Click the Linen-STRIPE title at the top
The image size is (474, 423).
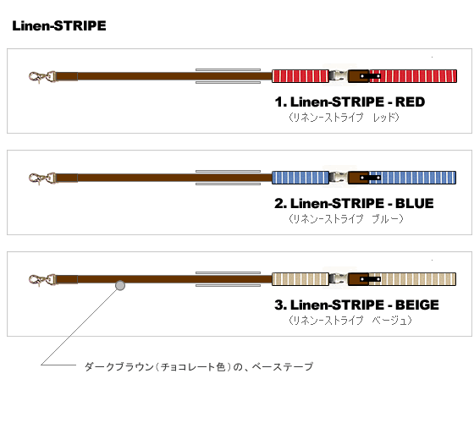(x=59, y=25)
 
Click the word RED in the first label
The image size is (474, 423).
(x=410, y=102)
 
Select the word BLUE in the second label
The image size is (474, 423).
(x=415, y=204)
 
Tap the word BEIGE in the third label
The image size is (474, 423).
(x=417, y=305)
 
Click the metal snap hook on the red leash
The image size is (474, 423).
(x=41, y=77)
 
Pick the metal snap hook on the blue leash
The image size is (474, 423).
(x=41, y=179)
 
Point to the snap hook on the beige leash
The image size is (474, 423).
(x=41, y=280)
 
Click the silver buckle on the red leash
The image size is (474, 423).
(x=339, y=76)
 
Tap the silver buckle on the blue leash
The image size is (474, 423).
(x=339, y=178)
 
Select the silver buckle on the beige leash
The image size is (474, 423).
(x=339, y=279)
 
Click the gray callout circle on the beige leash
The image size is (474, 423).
(x=120, y=285)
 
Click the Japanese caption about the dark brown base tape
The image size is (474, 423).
(x=199, y=367)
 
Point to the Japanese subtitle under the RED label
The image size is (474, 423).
(x=344, y=118)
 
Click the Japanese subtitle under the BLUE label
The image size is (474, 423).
(x=346, y=219)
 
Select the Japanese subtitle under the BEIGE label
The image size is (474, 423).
(x=350, y=321)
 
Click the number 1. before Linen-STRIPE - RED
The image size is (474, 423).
(x=280, y=102)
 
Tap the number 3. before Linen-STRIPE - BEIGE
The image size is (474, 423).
(x=280, y=305)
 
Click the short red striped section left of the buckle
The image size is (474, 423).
(x=300, y=76)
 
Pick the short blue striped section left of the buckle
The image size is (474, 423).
(x=300, y=178)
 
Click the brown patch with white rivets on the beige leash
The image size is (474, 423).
(x=359, y=279)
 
